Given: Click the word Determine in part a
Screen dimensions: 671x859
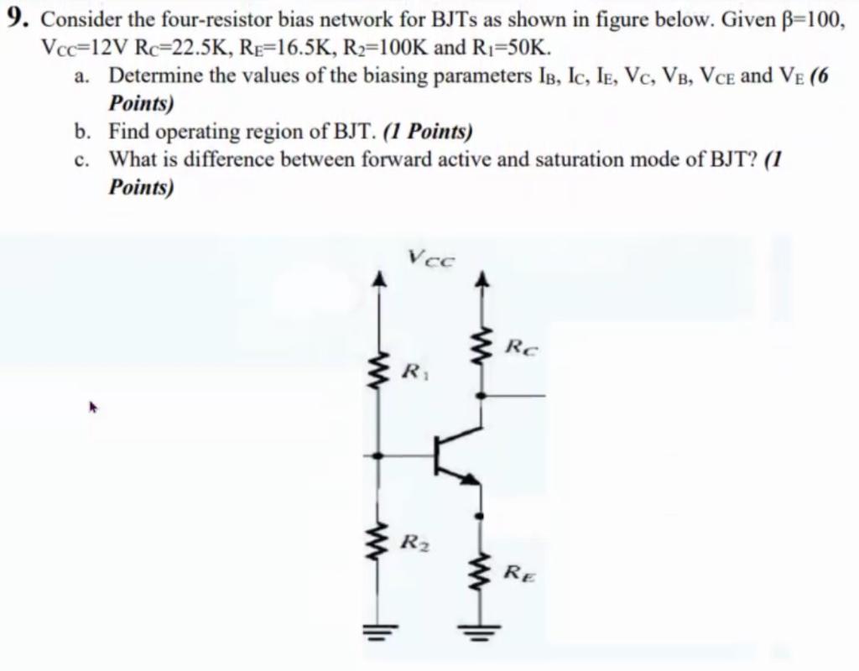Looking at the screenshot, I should pos(154,76).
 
